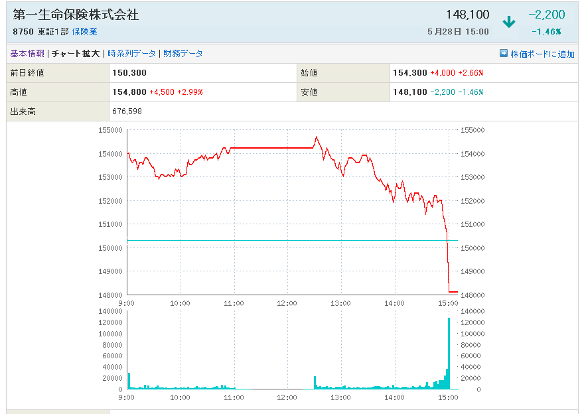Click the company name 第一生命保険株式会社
(x=76, y=15)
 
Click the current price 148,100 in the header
(x=469, y=15)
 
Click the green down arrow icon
(x=509, y=22)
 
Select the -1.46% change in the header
(x=546, y=31)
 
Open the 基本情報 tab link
(x=27, y=54)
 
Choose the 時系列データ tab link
(x=131, y=54)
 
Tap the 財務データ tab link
(x=183, y=54)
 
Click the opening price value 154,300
(x=410, y=73)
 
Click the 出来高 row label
(x=23, y=111)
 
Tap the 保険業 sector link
(x=84, y=32)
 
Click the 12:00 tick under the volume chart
(x=287, y=397)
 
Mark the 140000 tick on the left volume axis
(x=110, y=311)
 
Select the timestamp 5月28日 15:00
(x=459, y=32)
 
